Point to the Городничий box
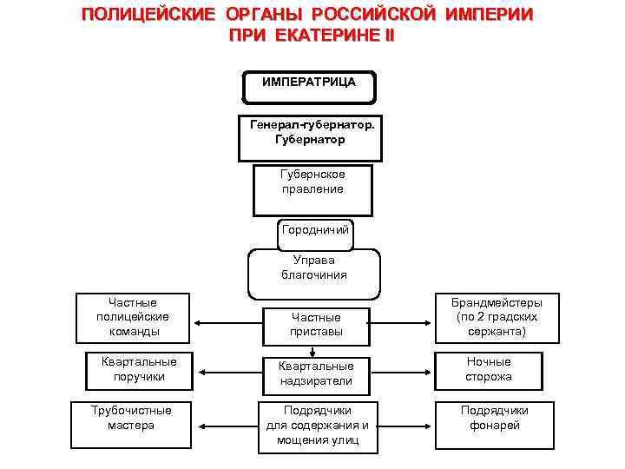point(315,230)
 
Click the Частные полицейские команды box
point(135,317)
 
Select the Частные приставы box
point(316,324)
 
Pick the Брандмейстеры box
point(496,317)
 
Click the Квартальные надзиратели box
point(316,373)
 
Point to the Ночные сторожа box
point(489,369)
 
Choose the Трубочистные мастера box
point(131,418)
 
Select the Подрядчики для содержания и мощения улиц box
point(316,426)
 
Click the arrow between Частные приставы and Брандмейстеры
point(402,323)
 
